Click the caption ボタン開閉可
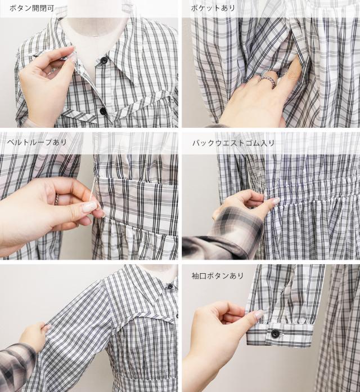31,8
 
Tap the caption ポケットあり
213,8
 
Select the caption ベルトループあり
37,142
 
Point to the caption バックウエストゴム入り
233,143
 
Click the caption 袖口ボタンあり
218,276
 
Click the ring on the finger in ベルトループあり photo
57,199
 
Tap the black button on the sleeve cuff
275,334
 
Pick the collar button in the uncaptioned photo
170,286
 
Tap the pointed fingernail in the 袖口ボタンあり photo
259,314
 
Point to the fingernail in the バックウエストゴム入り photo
276,201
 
